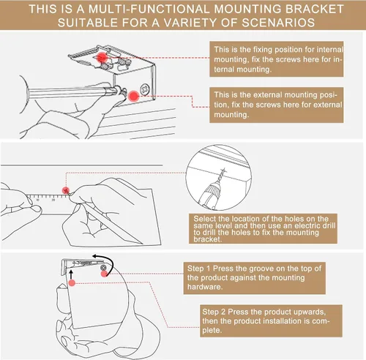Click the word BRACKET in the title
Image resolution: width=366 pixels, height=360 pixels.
point(314,9)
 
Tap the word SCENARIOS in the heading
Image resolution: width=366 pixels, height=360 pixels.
point(278,23)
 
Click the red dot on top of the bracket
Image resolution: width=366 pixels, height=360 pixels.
point(102,58)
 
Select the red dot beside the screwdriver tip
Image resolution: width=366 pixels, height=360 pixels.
point(133,97)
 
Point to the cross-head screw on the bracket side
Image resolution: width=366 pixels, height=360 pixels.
point(145,89)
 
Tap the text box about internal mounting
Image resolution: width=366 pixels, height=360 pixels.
point(277,59)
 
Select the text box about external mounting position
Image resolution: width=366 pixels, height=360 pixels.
point(277,105)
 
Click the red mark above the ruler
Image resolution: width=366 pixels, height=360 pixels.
point(66,190)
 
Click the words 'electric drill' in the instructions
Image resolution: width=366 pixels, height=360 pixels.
point(315,225)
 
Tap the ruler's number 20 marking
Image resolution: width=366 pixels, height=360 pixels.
point(53,200)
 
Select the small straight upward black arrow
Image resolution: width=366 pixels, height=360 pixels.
point(71,274)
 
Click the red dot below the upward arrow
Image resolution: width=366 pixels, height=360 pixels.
point(72,283)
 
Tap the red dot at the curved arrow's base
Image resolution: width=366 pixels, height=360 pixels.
point(104,274)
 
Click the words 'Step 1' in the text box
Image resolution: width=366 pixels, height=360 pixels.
point(198,269)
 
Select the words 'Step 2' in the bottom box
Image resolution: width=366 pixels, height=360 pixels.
point(214,312)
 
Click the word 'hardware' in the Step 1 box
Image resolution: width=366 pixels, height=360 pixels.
point(205,287)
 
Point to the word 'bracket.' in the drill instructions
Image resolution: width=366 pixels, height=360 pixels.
point(208,239)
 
